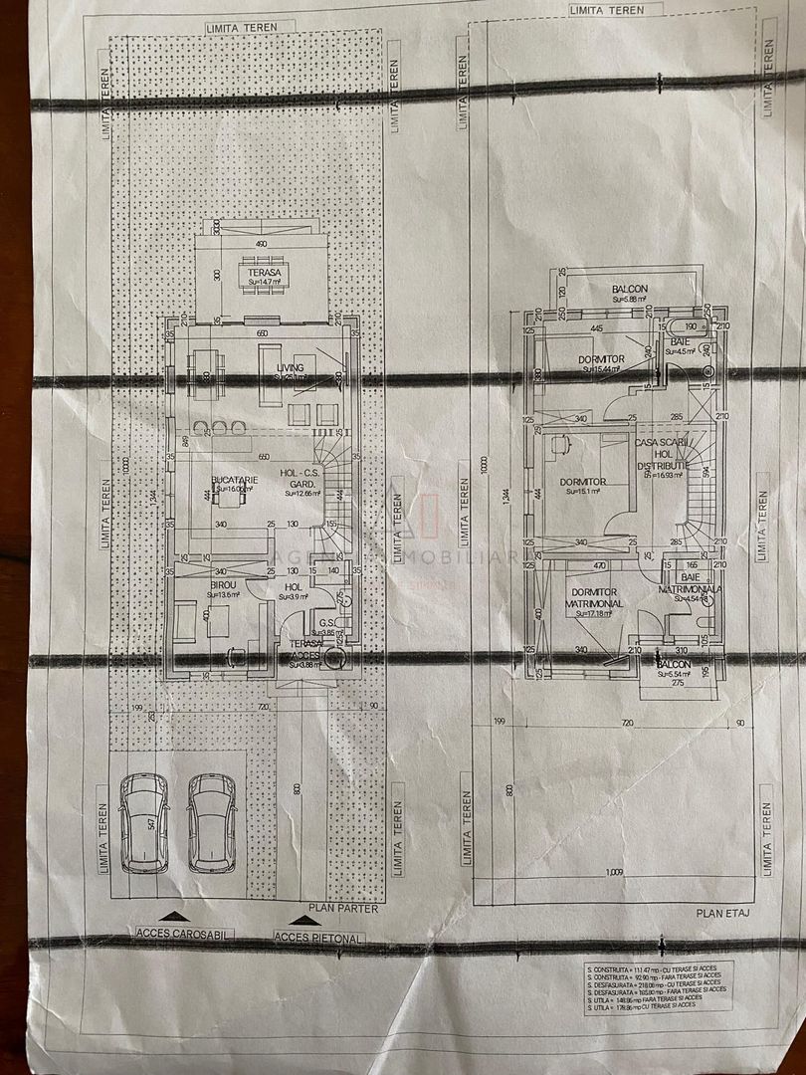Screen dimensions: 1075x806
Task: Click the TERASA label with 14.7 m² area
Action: [264, 276]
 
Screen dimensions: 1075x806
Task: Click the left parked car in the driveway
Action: [145, 822]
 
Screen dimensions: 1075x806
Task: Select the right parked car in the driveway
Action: [212, 822]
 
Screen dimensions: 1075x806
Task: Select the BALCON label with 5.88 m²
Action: [630, 293]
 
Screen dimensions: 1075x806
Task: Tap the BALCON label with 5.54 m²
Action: [674, 669]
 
